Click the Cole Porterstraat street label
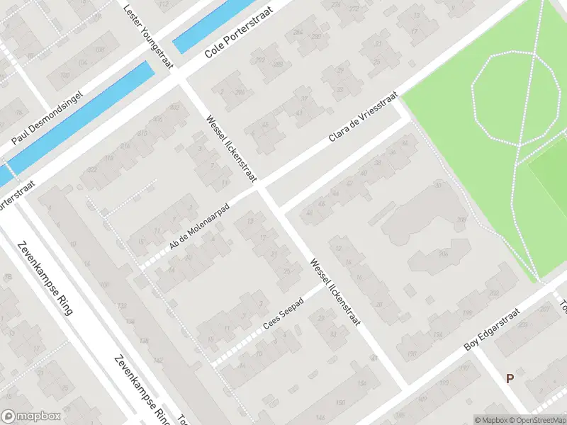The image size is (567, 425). [238, 42]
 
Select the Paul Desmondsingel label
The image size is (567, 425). [47, 118]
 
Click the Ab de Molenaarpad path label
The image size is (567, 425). [198, 232]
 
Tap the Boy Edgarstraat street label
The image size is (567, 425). [492, 329]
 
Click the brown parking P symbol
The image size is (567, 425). [510, 378]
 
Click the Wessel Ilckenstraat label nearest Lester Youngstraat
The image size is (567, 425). [230, 145]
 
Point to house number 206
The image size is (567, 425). [443, 254]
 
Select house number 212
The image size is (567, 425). [261, 59]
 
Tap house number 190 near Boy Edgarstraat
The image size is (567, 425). [412, 353]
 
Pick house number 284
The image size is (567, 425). [298, 32]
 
